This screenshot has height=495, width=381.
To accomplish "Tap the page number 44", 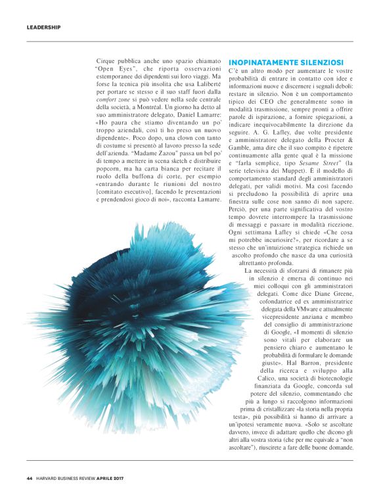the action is (x=30, y=478).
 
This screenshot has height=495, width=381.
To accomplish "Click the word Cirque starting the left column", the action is (x=106, y=59).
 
